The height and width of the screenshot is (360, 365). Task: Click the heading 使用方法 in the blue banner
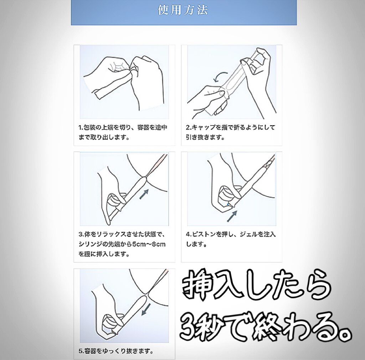click(x=183, y=10)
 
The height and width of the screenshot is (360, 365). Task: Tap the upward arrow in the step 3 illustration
click(x=144, y=194)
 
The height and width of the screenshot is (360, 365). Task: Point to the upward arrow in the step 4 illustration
click(x=232, y=217)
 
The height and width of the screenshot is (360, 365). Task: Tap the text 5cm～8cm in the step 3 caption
click(x=149, y=244)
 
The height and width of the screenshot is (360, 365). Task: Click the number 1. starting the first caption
click(x=81, y=128)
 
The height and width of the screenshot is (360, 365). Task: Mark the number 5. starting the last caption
click(x=81, y=351)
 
